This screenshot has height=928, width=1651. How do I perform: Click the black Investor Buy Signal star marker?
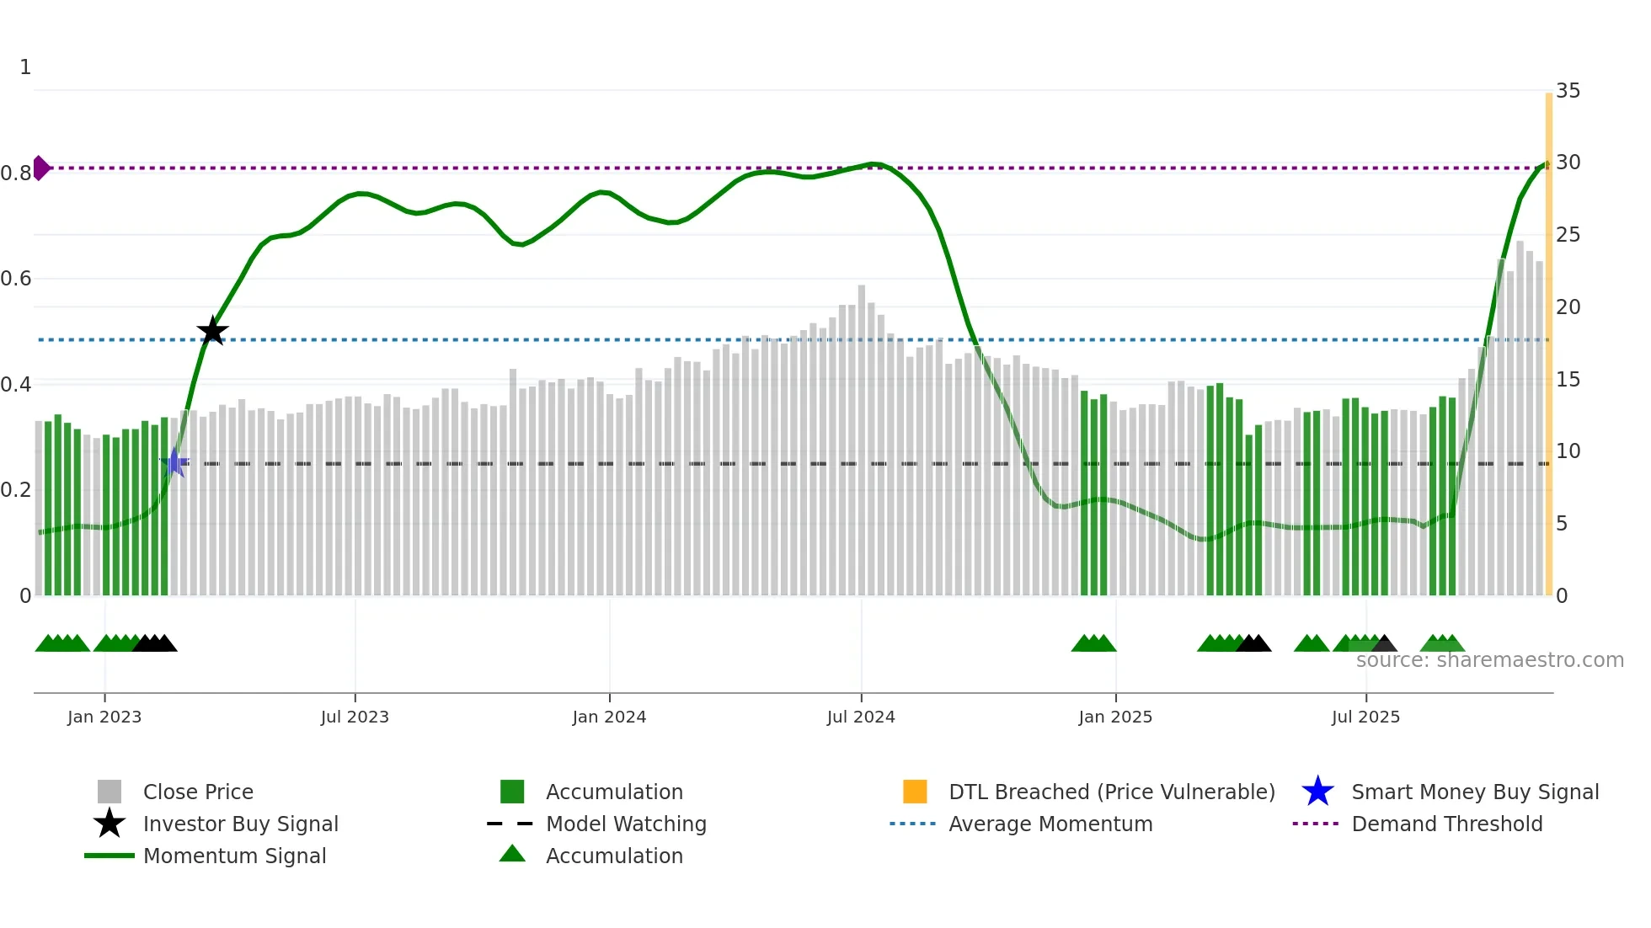[212, 331]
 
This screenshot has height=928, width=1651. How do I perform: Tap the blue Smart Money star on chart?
[175, 462]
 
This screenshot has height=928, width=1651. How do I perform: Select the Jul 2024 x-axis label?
[861, 717]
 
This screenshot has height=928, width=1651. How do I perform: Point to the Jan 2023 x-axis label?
[104, 717]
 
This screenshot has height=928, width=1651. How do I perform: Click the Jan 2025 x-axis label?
[1115, 717]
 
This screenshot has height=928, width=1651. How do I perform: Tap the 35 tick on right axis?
[1568, 90]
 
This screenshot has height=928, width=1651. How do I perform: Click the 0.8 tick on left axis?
[16, 173]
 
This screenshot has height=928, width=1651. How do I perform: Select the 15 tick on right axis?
[1568, 380]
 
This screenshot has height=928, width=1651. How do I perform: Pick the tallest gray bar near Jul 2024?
[862, 438]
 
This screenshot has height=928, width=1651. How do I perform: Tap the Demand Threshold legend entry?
[1446, 824]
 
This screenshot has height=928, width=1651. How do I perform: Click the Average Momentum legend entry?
[1050, 824]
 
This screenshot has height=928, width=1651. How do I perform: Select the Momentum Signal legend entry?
[234, 856]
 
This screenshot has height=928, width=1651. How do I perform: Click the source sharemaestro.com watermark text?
[1489, 660]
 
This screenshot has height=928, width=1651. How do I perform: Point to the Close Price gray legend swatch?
[110, 792]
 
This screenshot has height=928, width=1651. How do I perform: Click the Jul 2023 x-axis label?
[355, 717]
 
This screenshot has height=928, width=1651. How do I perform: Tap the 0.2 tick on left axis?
[16, 490]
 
